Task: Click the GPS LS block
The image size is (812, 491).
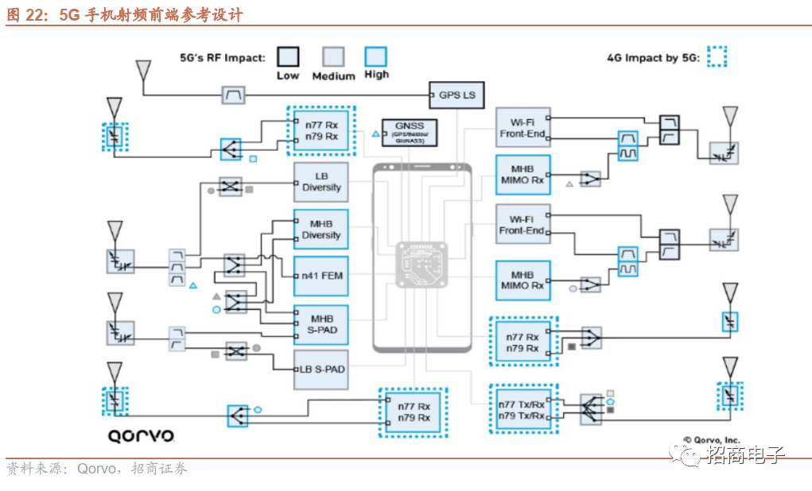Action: [x=457, y=95]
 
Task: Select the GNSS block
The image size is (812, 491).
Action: [x=410, y=133]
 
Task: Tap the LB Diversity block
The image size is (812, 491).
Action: [x=321, y=182]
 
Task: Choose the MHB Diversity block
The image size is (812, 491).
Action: [x=321, y=230]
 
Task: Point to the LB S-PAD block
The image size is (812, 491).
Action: [x=321, y=369]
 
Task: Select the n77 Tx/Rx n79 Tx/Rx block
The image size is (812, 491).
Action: [x=521, y=410]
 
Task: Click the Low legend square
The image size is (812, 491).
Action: [x=288, y=57]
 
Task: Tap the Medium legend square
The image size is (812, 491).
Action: [x=333, y=57]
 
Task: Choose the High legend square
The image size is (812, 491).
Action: [x=375, y=57]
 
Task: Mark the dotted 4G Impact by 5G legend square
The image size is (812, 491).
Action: [x=717, y=57]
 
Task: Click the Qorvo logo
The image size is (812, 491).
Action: [x=142, y=435]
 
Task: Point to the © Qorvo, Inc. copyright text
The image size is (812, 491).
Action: [x=711, y=439]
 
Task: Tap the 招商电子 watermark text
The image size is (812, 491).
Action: [x=745, y=454]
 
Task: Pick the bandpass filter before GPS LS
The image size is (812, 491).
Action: [x=233, y=95]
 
